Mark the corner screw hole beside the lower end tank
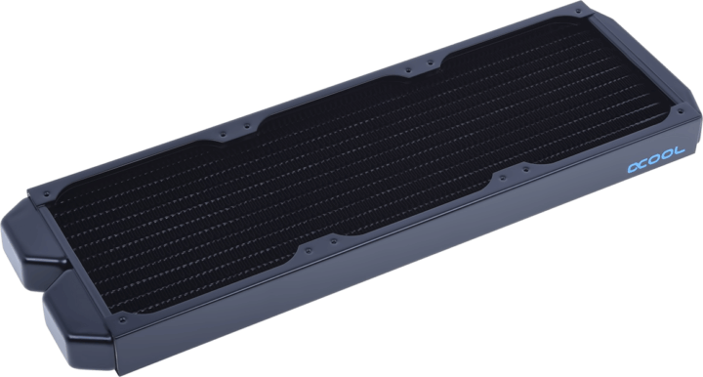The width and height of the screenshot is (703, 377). point(119,318)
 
